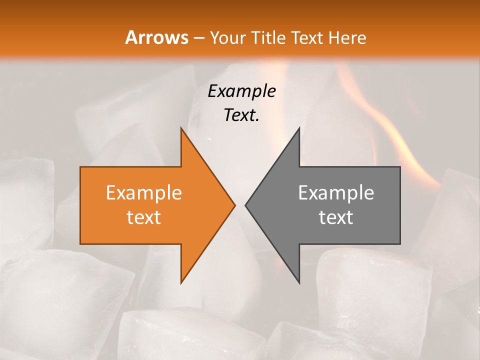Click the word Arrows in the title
pos(157,37)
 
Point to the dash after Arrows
pos(198,38)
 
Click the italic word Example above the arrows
pos(241,91)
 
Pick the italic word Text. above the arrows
pos(241,115)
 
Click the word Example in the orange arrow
pos(143,193)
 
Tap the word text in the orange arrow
pos(143,217)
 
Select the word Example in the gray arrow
pos(336,193)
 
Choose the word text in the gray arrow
pos(336,217)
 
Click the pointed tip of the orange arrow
pos(234,205)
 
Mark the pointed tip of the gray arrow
pos(246,205)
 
